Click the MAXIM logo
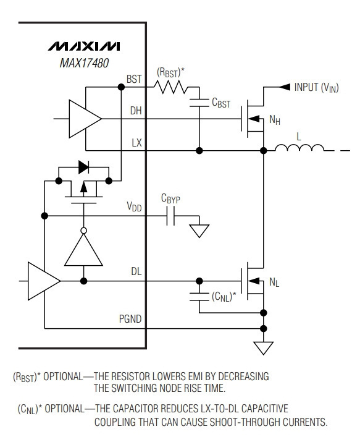tap(84, 46)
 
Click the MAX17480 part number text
tap(84, 63)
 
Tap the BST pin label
tap(134, 79)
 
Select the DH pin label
tap(136, 111)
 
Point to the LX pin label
tap(137, 143)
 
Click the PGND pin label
tap(130, 319)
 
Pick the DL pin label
tap(136, 271)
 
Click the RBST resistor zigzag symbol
tap(171, 87)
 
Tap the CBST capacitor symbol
tap(199, 103)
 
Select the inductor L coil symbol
tap(299, 147)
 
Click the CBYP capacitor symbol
tap(170, 216)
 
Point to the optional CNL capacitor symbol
tap(199, 297)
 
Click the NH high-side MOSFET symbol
tap(252, 119)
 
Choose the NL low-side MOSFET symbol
tap(252, 281)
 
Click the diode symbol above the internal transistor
tap(83, 167)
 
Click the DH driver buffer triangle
tap(85, 119)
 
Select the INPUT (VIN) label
tap(316, 87)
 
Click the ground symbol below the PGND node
tap(264, 348)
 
